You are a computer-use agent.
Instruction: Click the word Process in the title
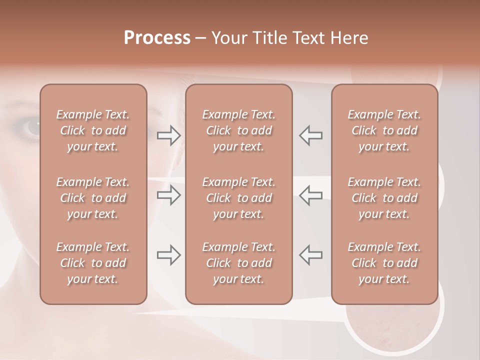tap(157, 38)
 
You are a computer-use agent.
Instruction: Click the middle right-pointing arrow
tap(168, 195)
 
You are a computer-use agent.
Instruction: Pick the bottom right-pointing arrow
tap(168, 255)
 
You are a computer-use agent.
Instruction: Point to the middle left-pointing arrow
tap(311, 195)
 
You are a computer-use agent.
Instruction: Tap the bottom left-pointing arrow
tap(311, 255)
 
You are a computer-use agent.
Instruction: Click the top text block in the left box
tap(93, 130)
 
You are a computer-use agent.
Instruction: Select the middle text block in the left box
tap(93, 198)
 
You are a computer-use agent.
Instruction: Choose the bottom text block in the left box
tap(93, 263)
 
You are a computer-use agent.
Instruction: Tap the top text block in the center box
tap(239, 130)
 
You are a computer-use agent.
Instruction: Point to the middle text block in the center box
tap(239, 198)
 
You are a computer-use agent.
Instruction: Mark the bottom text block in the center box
tap(239, 263)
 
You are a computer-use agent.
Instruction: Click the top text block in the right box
tap(384, 130)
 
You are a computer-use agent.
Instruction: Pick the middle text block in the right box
tap(384, 198)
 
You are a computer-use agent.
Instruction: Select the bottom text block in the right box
tap(384, 263)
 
